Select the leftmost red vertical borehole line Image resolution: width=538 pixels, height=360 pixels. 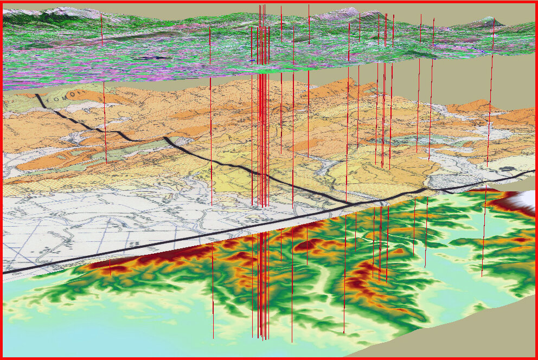(101, 30)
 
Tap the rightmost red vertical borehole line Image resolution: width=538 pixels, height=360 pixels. (492, 38)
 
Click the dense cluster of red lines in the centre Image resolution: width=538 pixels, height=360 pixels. (262, 136)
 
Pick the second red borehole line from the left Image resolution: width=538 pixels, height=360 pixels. (210, 108)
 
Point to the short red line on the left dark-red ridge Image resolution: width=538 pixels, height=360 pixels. (110, 267)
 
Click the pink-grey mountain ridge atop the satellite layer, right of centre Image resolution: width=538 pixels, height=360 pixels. (336, 14)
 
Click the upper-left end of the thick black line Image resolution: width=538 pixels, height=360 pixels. (37, 96)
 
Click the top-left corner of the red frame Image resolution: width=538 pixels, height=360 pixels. (2, 2)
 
